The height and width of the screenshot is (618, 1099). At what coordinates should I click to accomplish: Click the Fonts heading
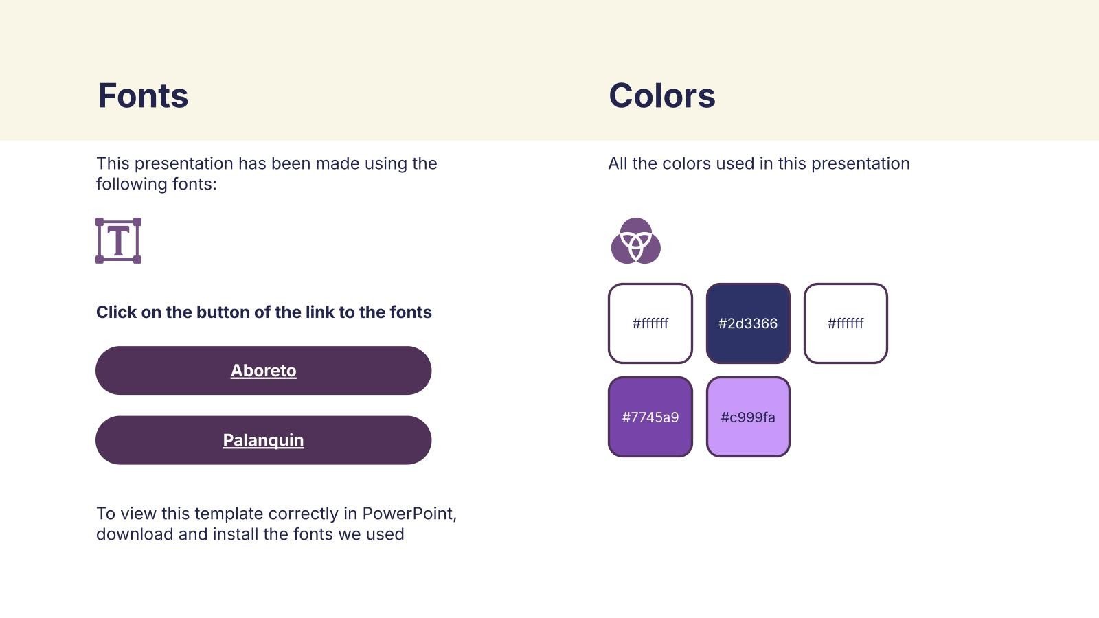pos(143,95)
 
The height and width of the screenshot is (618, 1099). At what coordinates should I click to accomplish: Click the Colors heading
pos(662,95)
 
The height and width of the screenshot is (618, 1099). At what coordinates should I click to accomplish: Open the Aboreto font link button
pos(264,370)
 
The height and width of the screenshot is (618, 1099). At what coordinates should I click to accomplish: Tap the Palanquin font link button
pos(264,440)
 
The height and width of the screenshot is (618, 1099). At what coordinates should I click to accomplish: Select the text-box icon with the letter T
pos(118,241)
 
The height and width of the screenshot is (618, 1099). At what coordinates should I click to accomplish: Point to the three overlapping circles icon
pos(635,241)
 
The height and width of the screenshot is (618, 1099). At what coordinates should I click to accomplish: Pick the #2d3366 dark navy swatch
pos(748,323)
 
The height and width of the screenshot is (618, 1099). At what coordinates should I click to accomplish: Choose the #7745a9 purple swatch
pos(650,417)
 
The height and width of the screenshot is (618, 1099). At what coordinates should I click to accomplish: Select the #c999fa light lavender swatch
pos(748,417)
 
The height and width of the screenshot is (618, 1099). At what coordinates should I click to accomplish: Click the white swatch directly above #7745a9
pos(650,323)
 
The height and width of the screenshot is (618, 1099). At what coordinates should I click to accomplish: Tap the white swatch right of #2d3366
pos(846,323)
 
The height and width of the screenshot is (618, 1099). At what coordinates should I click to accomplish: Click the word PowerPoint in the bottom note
pos(409,514)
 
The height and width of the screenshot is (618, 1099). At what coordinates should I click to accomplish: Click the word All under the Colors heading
pos(618,163)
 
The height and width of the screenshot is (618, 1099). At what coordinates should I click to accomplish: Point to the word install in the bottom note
pos(235,534)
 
